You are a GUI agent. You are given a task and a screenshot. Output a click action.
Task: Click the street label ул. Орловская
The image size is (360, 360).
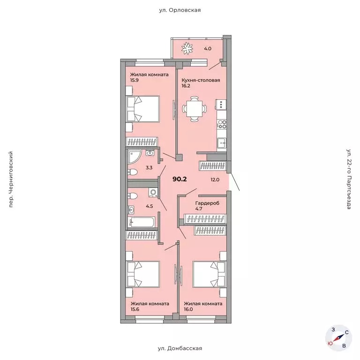coord(180,10)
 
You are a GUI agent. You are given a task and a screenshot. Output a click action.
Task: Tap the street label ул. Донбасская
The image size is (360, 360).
coord(180,348)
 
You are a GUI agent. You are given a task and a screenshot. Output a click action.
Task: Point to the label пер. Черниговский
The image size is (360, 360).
coord(11,180)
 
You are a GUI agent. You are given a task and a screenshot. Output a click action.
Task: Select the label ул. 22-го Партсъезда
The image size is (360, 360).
coord(349,179)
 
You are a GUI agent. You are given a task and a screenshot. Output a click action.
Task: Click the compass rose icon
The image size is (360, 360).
coord(338,338)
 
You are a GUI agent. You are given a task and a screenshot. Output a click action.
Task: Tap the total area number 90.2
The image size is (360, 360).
coord(180,179)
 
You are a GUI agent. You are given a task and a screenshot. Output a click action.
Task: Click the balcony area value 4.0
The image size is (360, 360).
coord(208,49)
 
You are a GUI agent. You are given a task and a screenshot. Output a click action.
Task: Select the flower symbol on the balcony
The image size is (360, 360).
coord(187,48)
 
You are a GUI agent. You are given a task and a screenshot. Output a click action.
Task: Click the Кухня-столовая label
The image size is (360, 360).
coord(201,80)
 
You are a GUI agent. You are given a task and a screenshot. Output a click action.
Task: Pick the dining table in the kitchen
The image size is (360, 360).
coord(194,109)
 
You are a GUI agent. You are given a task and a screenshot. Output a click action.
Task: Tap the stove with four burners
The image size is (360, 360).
coord(222,124)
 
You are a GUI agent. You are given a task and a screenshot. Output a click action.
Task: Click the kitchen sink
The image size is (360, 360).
coord(222,143)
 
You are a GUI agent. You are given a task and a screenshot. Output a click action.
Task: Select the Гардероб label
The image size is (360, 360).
coord(207,203)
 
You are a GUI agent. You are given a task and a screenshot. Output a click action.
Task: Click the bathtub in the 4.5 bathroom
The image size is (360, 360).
coord(141,222)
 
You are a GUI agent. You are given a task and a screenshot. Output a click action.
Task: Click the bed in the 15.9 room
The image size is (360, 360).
coord(142,109)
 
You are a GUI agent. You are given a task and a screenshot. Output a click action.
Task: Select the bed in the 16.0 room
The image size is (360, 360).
coord(210,274)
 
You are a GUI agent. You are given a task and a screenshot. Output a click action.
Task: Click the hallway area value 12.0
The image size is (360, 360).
coord(215,180)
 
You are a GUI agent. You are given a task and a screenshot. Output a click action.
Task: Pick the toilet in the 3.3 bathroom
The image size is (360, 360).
coord(133,172)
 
